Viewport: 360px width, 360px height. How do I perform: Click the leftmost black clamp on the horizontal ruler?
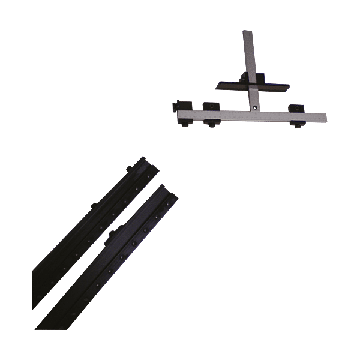182,107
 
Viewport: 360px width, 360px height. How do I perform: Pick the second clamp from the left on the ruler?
209,107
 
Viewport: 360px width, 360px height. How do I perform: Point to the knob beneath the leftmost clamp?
183,124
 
